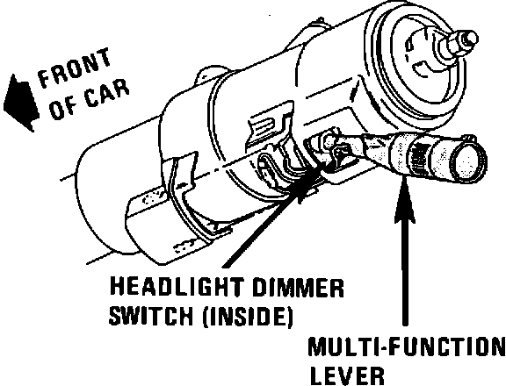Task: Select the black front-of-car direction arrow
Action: click(x=20, y=103)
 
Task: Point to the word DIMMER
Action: click(x=298, y=287)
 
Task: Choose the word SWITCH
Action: click(x=151, y=316)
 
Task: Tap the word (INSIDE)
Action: click(x=248, y=316)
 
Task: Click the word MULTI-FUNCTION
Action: click(x=407, y=347)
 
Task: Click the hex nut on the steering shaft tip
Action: click(x=466, y=40)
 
